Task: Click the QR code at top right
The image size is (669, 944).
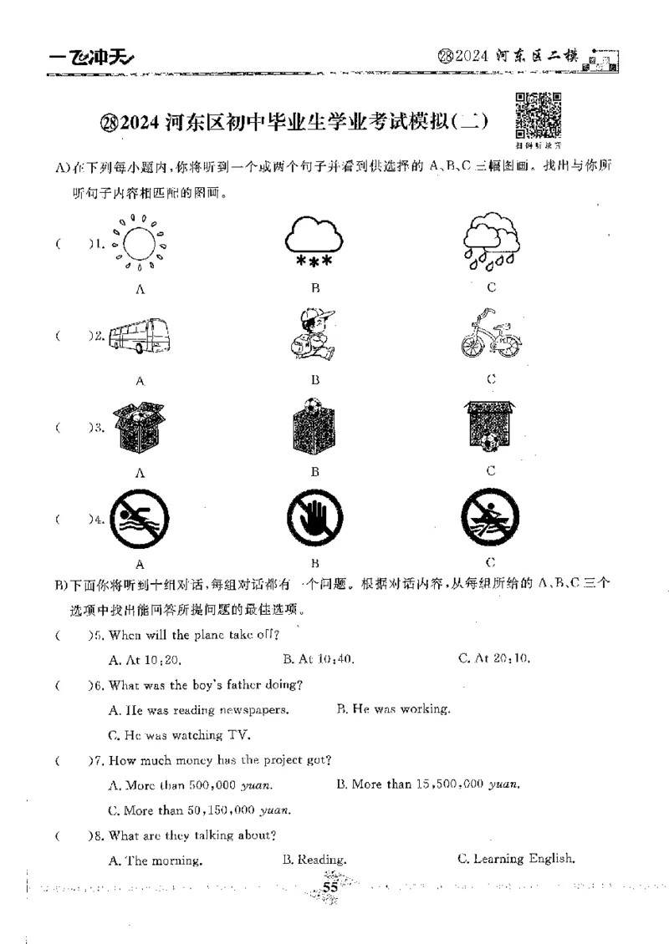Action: coord(537,114)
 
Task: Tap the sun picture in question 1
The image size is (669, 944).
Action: coord(140,245)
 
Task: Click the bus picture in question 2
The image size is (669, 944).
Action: coord(140,336)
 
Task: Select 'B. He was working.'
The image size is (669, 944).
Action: coord(393,709)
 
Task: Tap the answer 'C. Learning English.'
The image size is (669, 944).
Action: coord(516,858)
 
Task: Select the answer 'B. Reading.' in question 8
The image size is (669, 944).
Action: coord(314,859)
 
